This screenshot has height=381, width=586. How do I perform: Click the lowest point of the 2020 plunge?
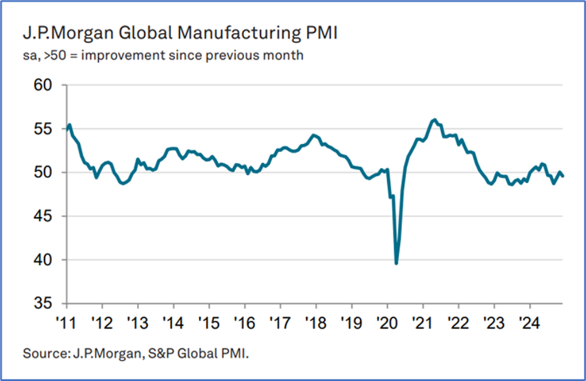coord(396,263)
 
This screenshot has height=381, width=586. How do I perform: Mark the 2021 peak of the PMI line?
coord(434,120)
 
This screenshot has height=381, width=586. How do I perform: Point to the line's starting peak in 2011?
coord(70,125)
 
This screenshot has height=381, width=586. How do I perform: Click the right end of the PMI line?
coord(562,176)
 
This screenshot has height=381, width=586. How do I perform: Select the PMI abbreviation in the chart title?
coord(320,33)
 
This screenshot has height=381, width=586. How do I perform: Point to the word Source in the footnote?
coord(41,352)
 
